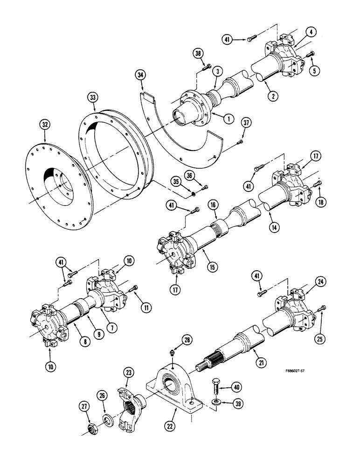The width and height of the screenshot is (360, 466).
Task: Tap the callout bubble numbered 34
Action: [x=140, y=74]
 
